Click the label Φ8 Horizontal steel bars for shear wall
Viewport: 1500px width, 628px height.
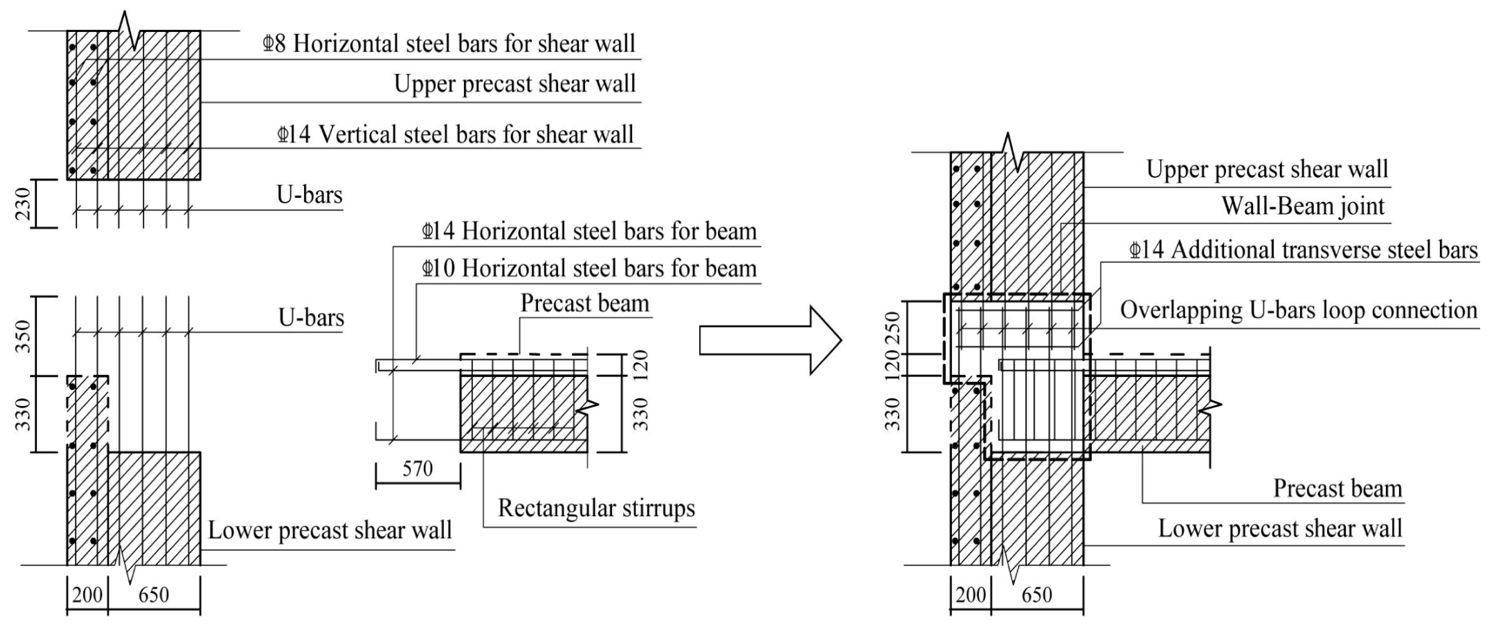(x=448, y=44)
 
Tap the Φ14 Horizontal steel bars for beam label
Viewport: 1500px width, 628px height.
(x=589, y=231)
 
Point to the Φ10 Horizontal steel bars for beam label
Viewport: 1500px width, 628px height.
(x=589, y=268)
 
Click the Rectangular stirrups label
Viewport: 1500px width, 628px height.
(x=596, y=508)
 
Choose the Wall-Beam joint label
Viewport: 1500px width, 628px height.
(x=1302, y=206)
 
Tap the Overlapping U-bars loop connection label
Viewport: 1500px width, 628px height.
(x=1299, y=310)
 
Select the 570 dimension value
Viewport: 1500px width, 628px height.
(x=417, y=469)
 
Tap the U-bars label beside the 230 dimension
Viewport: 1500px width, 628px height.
(x=309, y=195)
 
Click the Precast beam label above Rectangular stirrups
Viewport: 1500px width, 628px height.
(x=585, y=303)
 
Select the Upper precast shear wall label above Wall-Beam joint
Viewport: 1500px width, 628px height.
(x=1267, y=169)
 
